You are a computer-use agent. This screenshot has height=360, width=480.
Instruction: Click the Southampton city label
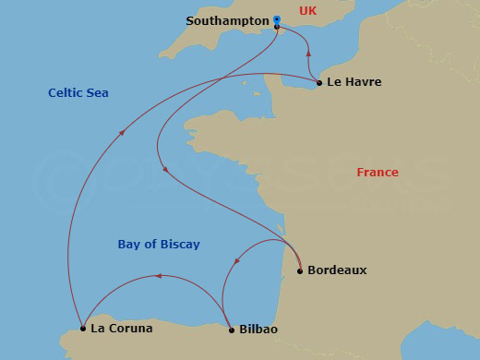[x=227, y=20]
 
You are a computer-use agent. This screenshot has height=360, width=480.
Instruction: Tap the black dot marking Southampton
[x=277, y=27]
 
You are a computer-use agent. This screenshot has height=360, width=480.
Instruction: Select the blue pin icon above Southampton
[x=277, y=18]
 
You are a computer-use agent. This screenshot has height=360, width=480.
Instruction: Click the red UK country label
[x=308, y=11]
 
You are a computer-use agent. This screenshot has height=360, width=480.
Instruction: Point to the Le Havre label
[x=354, y=82]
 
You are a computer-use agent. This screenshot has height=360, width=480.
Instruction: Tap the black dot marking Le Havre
[x=319, y=83]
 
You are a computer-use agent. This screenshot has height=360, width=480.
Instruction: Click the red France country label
[x=378, y=173]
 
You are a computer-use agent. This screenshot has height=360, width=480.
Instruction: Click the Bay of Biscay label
[x=159, y=245]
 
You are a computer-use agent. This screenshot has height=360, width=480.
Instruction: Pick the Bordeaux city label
[x=337, y=270]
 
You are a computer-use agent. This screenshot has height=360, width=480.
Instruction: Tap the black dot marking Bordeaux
[x=300, y=271]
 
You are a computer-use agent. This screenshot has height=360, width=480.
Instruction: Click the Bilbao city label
[x=258, y=329]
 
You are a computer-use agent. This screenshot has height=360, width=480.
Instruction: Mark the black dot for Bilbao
[x=230, y=329]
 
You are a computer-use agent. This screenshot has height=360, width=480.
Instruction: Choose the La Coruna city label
[x=121, y=328]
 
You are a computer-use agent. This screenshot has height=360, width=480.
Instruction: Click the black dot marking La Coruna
[x=83, y=328]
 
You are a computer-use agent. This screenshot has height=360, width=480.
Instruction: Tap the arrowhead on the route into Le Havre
[x=307, y=66]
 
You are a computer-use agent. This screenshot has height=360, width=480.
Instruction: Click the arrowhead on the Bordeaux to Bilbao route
[x=235, y=263]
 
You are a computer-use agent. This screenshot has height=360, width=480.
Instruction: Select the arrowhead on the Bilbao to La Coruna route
[x=158, y=276]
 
